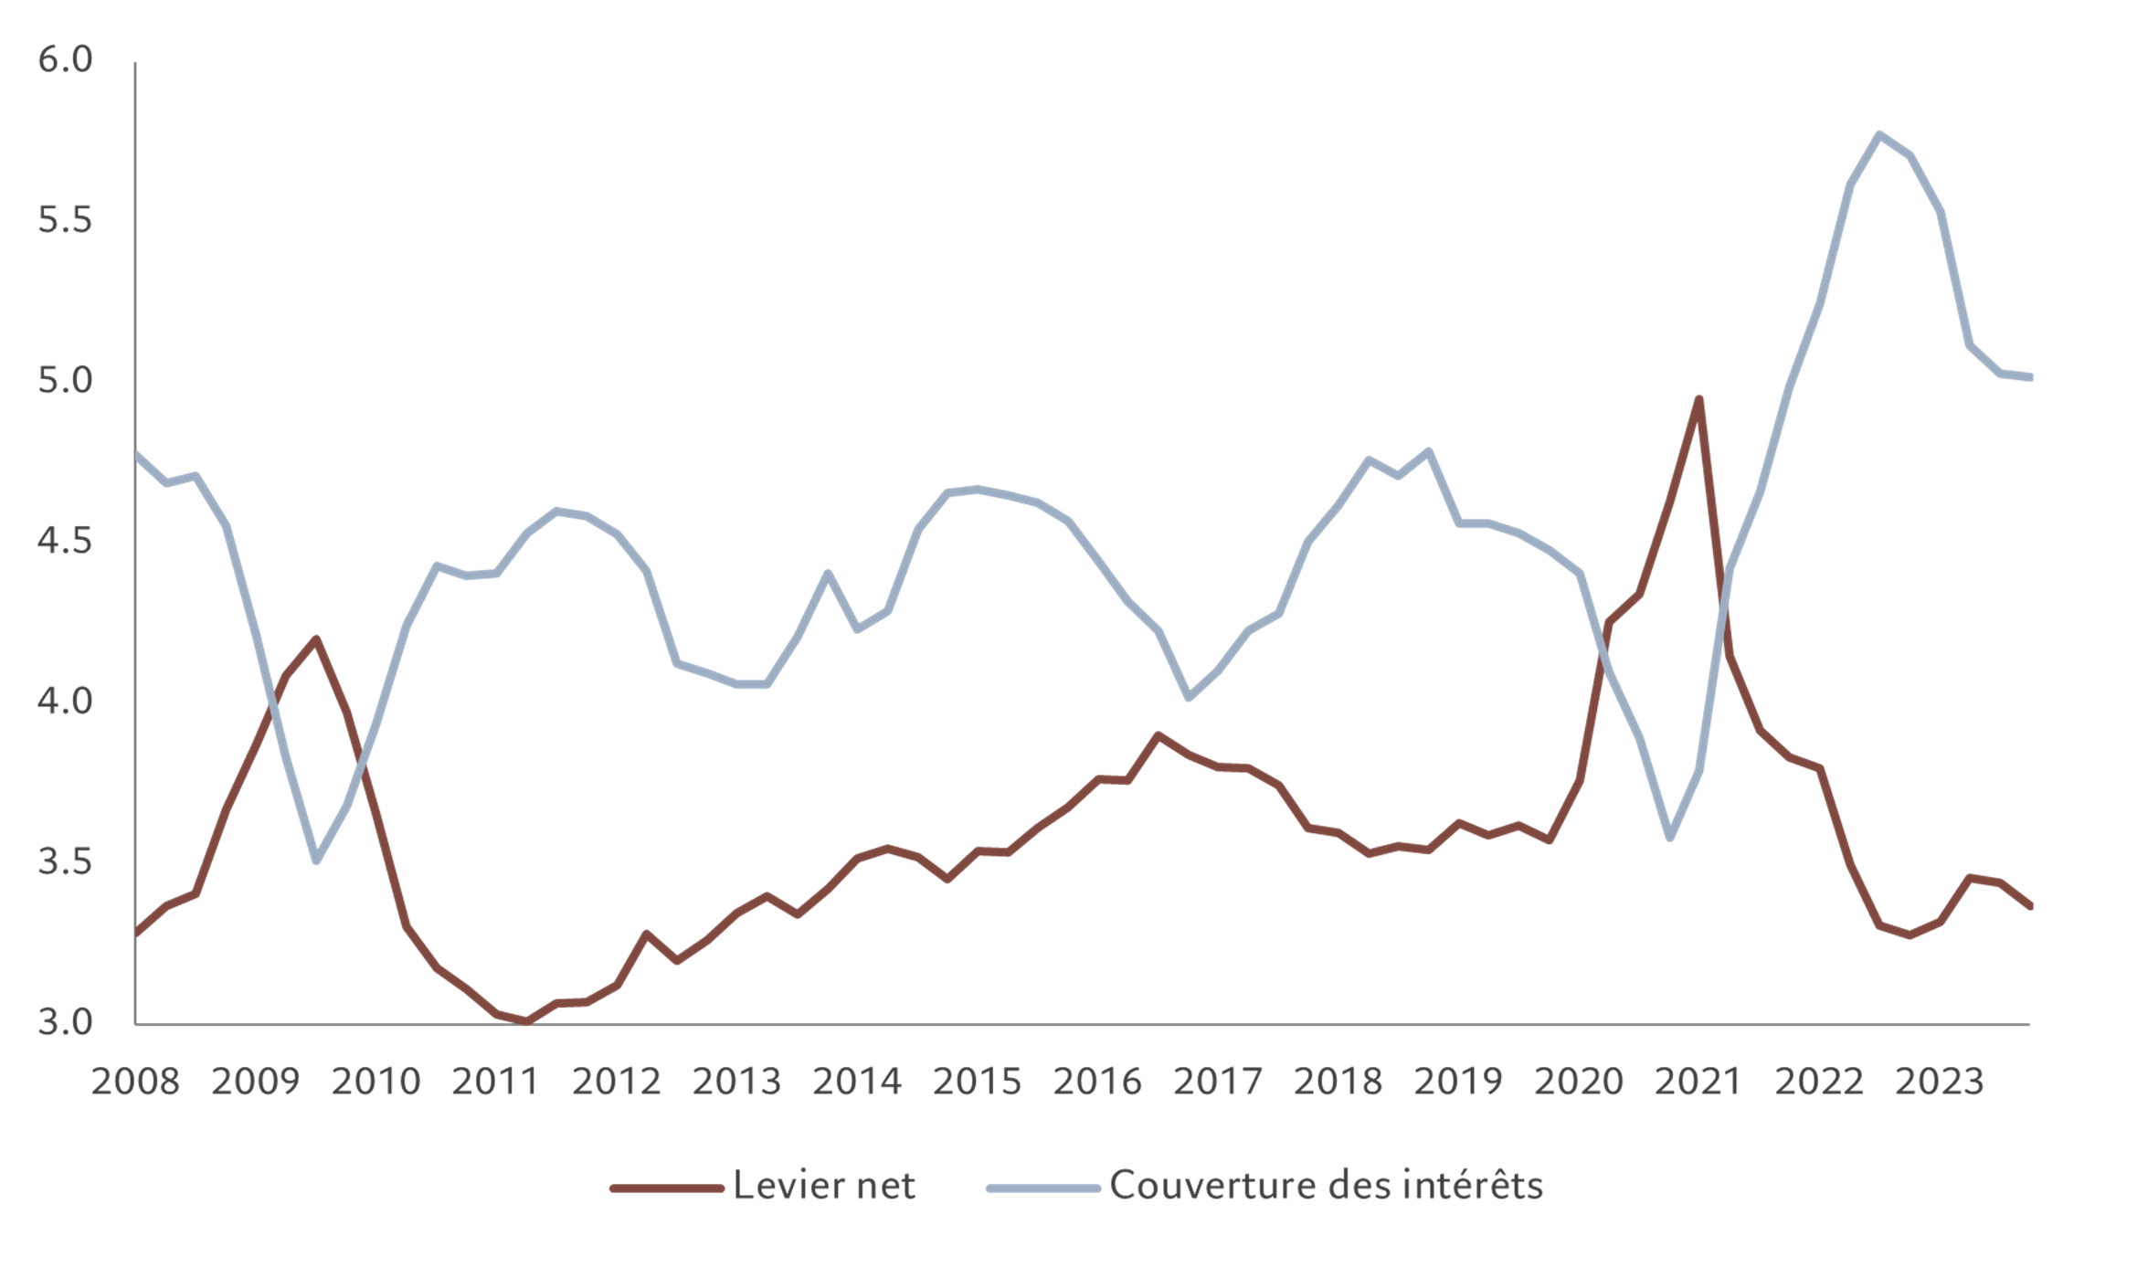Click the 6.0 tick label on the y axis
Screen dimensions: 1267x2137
tap(65, 59)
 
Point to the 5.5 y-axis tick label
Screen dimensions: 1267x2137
tap(65, 220)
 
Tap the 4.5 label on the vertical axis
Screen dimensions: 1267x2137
tap(65, 541)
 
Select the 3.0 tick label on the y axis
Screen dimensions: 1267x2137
tap(65, 1021)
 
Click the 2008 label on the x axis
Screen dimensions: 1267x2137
tap(135, 1082)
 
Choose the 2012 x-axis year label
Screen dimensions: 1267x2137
tap(616, 1082)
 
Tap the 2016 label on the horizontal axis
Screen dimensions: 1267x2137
tap(1097, 1082)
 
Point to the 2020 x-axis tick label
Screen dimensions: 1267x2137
tap(1578, 1082)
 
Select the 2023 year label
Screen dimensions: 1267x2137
tap(1939, 1082)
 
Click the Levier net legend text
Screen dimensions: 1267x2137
tap(824, 1186)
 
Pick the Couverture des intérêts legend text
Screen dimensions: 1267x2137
tap(1326, 1186)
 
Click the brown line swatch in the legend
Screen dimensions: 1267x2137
tap(666, 1188)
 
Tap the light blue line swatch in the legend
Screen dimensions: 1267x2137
tap(1042, 1188)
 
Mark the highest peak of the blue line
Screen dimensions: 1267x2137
tap(1878, 133)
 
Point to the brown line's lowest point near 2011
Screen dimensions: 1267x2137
tap(525, 1021)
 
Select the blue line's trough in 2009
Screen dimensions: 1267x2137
tap(316, 861)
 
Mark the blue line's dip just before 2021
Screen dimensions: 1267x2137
tap(1670, 838)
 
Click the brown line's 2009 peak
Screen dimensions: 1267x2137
tap(316, 638)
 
